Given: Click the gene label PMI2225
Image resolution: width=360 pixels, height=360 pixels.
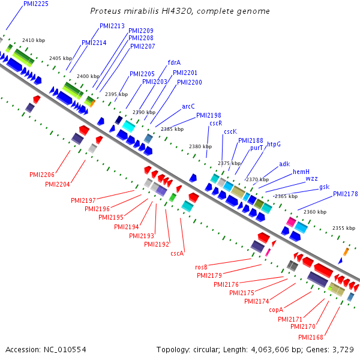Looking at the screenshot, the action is [36, 4].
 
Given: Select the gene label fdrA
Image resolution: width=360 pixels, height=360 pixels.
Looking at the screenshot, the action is [174, 62].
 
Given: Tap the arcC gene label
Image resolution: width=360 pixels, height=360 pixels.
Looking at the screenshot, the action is [188, 107].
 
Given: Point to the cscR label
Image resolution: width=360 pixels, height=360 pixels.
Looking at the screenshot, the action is [216, 123].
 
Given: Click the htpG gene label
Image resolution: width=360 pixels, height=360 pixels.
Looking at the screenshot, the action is [274, 145].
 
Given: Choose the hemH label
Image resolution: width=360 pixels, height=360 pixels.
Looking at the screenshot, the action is [301, 172].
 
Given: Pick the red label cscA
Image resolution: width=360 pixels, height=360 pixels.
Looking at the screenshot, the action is [177, 253].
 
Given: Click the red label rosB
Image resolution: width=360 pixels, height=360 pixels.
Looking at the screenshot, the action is [201, 267].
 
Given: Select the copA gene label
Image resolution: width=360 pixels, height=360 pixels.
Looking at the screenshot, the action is [276, 310].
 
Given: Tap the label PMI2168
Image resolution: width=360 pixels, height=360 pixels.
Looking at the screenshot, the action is [311, 337].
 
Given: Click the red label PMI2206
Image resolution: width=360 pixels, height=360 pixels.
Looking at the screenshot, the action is [42, 175].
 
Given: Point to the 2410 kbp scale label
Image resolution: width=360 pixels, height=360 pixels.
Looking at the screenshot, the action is [34, 40].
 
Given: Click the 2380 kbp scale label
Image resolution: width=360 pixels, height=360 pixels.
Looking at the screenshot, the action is [200, 146].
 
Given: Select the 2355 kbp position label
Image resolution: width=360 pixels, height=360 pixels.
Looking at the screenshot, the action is [344, 228].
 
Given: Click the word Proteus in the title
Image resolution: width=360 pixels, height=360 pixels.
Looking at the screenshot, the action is [106, 11].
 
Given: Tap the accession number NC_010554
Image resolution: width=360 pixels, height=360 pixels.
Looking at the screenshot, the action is [65, 350].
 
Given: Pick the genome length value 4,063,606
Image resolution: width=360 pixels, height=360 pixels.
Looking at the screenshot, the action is [270, 350].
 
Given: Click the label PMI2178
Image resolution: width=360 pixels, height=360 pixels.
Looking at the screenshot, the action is [346, 194].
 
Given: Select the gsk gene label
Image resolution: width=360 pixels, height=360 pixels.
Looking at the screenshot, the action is [325, 187].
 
